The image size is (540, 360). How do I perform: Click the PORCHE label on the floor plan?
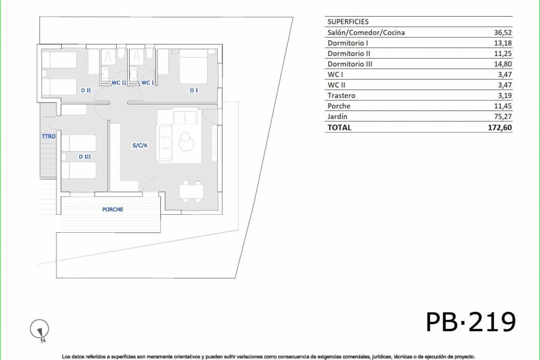click(x=112, y=209)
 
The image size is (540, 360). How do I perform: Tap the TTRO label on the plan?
click(x=48, y=137)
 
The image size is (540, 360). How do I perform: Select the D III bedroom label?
click(x=84, y=157)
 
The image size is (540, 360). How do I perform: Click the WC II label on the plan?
click(x=119, y=83)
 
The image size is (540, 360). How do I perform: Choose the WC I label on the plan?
click(x=148, y=83)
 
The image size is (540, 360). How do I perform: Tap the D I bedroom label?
click(x=193, y=91)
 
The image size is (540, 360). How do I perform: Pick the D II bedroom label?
click(x=85, y=91)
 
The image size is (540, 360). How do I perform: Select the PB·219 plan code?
click(x=471, y=322)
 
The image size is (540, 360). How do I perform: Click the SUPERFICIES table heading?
click(x=348, y=22)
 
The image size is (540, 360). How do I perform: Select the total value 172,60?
click(x=500, y=127)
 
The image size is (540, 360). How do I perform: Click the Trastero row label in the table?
click(x=341, y=95)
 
